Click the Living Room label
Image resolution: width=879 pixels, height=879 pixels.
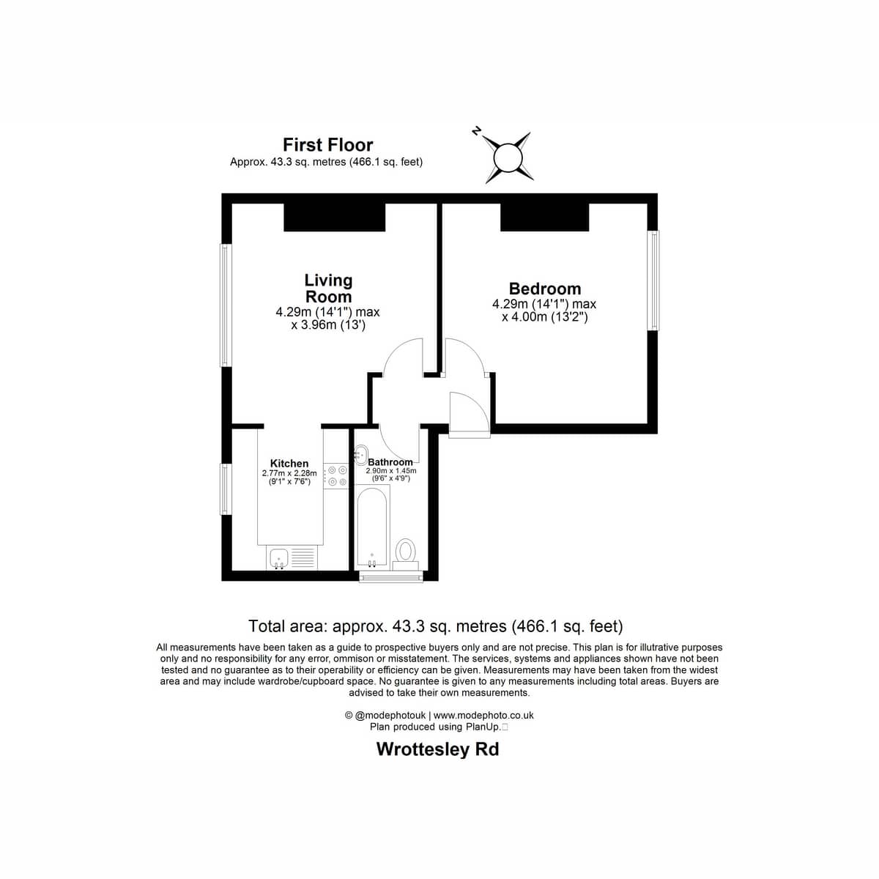[328, 289]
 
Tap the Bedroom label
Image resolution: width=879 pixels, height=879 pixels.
[545, 289]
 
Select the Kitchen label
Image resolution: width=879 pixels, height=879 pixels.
[289, 464]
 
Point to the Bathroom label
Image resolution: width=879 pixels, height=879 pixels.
[390, 462]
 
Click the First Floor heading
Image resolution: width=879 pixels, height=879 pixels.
[328, 145]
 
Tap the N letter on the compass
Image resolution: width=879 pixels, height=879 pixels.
[477, 132]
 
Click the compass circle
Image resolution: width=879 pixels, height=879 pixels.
[508, 157]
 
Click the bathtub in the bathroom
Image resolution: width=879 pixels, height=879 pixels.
[372, 527]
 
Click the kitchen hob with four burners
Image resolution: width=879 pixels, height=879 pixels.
[335, 476]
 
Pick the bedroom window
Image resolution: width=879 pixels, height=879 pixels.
[654, 280]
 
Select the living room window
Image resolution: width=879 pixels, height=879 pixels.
[225, 305]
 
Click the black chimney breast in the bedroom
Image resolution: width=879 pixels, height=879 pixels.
[545, 217]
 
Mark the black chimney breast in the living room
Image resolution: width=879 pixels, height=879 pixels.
[335, 217]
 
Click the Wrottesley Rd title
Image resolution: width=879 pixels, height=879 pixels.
[437, 749]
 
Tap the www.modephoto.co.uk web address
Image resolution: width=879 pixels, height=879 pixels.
[483, 715]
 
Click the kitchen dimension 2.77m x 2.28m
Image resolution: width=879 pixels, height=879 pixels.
[289, 473]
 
